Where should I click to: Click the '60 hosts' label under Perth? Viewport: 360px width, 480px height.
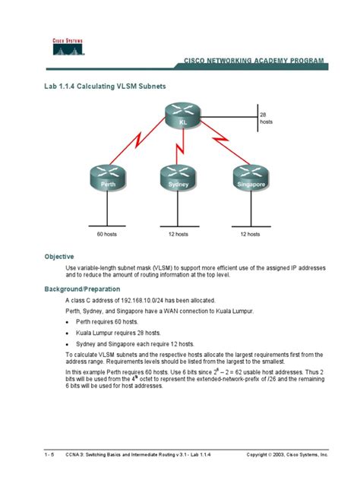point(106,235)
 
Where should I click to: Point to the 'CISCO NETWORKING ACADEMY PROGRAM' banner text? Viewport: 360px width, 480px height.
point(253,60)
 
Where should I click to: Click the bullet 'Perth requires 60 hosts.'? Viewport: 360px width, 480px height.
point(107,321)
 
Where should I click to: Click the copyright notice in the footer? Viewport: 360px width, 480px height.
point(287,453)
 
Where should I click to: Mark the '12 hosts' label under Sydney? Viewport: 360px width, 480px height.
point(178,235)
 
